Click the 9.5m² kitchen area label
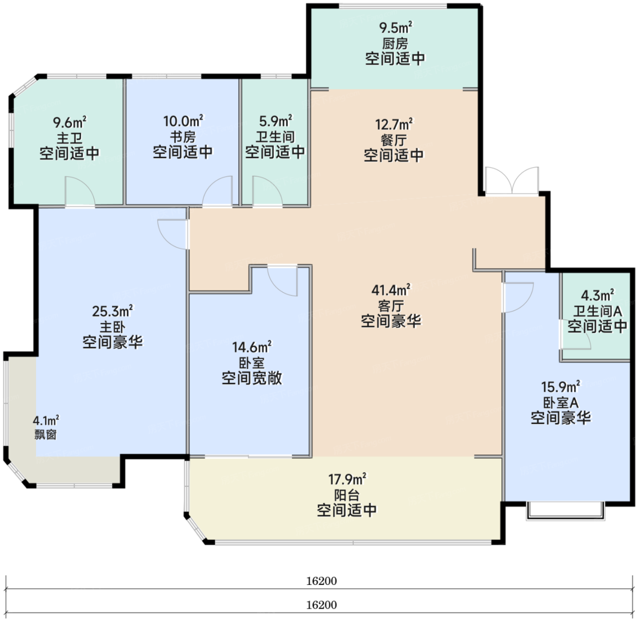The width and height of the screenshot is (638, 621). [396, 28]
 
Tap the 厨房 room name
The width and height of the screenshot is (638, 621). [395, 44]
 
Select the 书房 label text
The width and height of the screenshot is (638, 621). [183, 137]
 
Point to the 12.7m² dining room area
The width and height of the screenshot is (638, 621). [394, 124]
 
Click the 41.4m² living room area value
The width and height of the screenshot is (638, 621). [391, 290]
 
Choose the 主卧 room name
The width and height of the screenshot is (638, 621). [113, 327]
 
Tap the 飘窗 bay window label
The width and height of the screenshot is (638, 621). [46, 435]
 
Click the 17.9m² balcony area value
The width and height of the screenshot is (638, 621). [347, 479]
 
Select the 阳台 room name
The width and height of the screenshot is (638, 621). [347, 495]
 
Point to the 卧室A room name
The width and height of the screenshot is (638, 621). [561, 403]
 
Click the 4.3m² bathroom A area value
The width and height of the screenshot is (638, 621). [598, 295]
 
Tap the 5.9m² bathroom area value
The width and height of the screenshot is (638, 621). [275, 121]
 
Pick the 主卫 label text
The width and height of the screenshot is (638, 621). [70, 138]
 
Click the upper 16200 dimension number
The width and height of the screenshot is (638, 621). [322, 581]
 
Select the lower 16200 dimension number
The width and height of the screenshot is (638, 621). [322, 605]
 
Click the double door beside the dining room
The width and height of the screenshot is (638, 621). [512, 180]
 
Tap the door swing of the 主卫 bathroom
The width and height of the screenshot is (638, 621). [80, 191]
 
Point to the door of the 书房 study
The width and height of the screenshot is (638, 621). [217, 191]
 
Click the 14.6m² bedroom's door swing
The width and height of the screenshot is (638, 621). [283, 281]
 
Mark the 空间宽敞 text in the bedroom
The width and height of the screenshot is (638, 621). [252, 378]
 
